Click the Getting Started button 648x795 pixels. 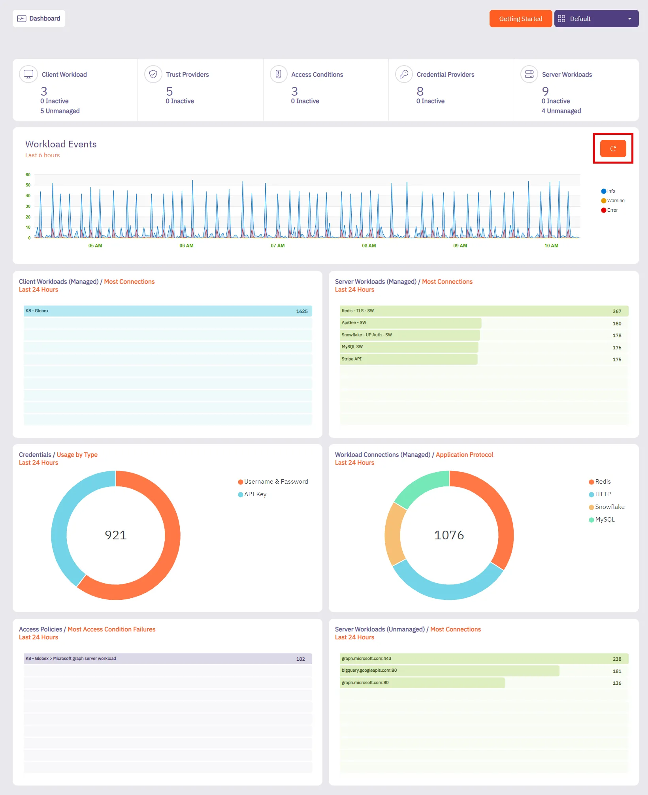pos(520,19)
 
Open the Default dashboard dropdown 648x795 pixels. pos(596,19)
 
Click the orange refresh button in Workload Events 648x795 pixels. pos(613,149)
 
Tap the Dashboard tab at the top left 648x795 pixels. pos(39,19)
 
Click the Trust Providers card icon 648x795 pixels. pos(153,74)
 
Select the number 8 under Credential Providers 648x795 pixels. pos(420,91)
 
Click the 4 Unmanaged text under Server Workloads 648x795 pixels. pos(561,111)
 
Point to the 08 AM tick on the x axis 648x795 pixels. pos(369,246)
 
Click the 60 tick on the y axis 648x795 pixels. pos(28,175)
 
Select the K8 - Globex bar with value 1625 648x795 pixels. pos(168,311)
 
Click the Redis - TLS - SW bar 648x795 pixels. pos(484,311)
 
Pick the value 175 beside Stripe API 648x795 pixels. pos(617,360)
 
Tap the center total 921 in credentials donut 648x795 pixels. pos(116,535)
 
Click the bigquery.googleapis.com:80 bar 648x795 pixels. pos(449,671)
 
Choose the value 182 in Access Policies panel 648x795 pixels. pos(300,659)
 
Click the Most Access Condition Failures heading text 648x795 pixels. pos(111,629)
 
